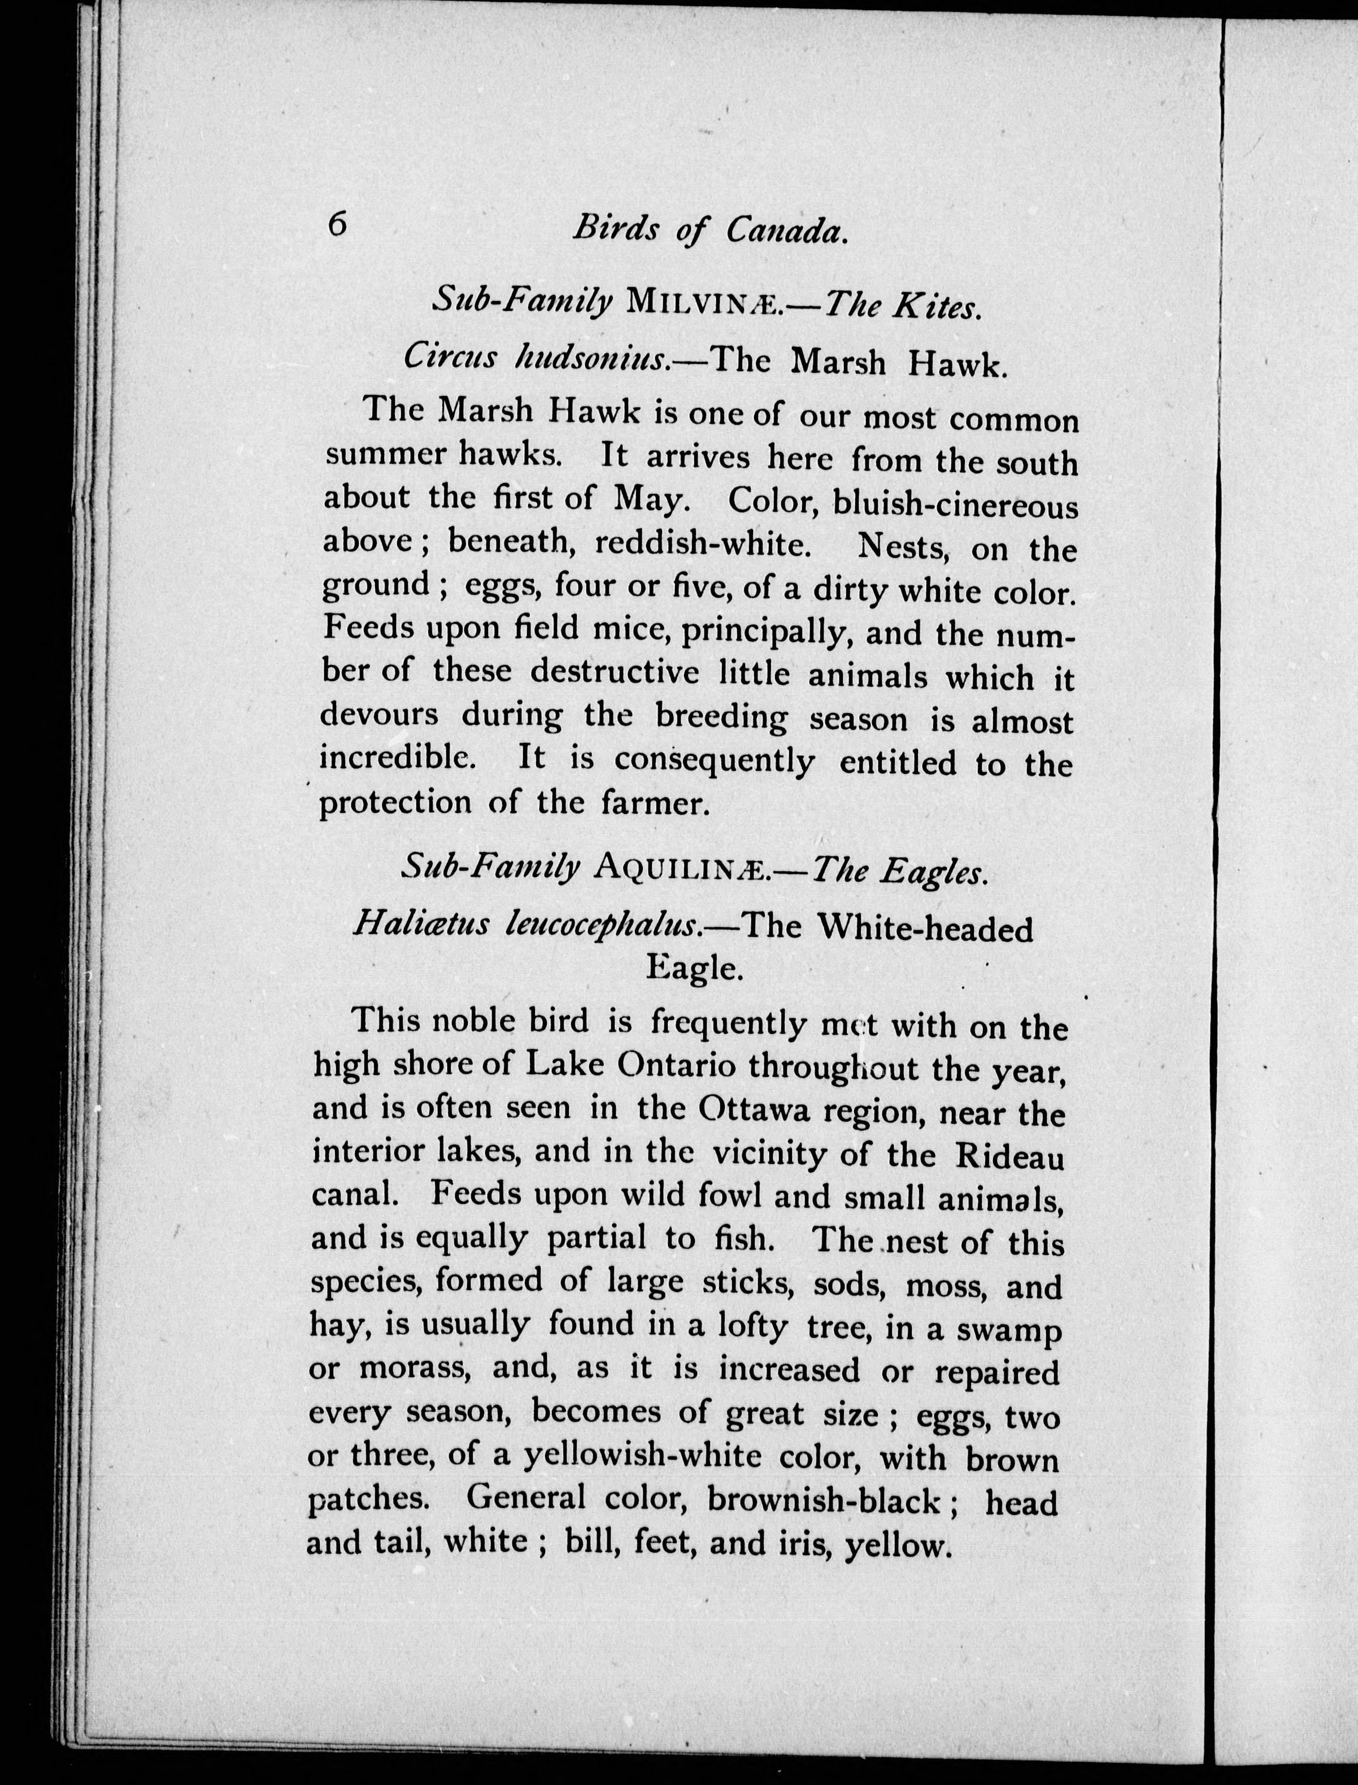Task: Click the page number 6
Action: (337, 223)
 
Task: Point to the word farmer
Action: (655, 803)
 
